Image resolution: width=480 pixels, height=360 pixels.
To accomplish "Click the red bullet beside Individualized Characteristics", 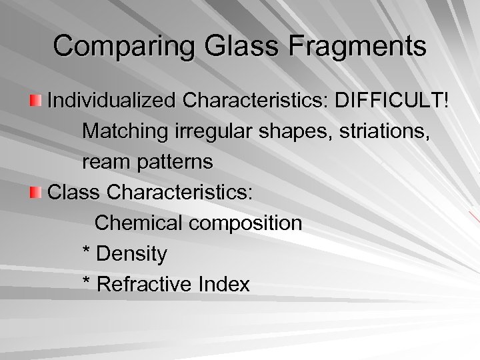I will tap(36, 101).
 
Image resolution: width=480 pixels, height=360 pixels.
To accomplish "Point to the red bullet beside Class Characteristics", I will tap(36, 193).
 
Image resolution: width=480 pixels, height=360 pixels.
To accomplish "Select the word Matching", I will tap(122, 131).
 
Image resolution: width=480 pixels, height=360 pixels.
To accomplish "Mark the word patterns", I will tap(172, 162).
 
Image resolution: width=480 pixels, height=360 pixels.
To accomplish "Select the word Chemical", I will tap(137, 223).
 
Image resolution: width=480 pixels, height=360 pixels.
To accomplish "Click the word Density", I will tap(132, 254).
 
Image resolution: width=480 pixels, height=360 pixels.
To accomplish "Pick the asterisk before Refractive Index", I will tap(87, 283).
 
